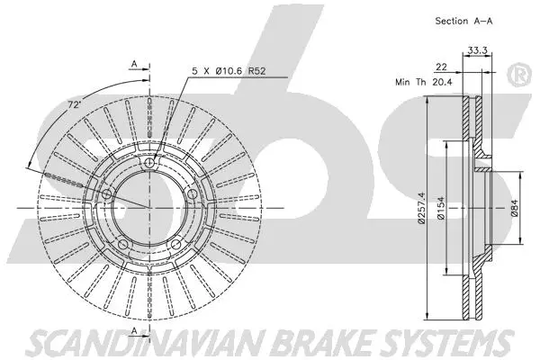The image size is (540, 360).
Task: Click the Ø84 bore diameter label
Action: (x=513, y=211)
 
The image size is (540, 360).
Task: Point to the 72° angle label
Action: (x=75, y=105)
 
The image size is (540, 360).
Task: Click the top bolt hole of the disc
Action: (x=149, y=162)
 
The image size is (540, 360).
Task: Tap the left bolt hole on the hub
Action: (x=106, y=193)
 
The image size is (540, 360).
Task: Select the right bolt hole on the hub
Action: (x=193, y=193)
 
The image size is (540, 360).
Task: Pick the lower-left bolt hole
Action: (x=122, y=245)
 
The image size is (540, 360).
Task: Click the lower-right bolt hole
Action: (x=176, y=245)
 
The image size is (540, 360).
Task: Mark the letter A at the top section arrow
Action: (x=133, y=64)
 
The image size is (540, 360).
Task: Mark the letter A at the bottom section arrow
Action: (x=133, y=332)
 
